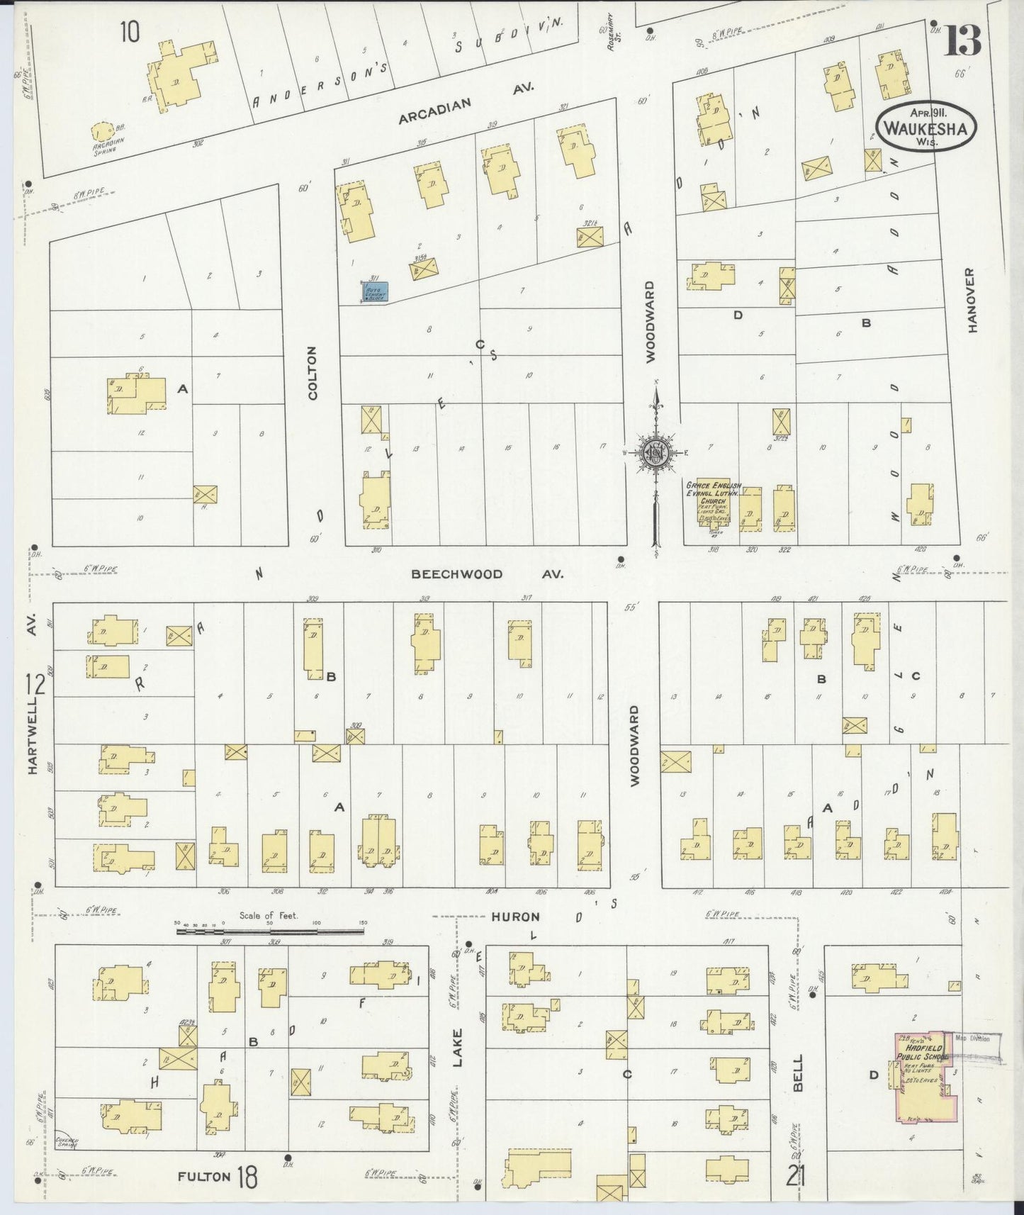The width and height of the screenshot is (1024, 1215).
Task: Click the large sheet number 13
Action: click(x=962, y=40)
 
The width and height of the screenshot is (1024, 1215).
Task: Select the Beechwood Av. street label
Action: click(x=488, y=573)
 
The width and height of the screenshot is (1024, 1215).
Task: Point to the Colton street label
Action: click(x=313, y=374)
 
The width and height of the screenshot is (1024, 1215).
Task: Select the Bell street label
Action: click(x=799, y=1073)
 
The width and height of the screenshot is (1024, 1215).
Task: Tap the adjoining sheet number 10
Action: click(x=130, y=33)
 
